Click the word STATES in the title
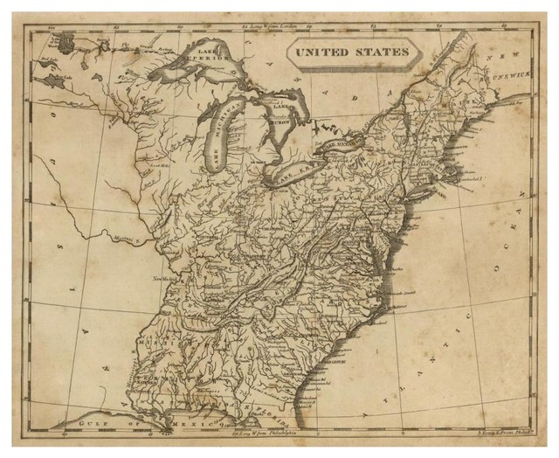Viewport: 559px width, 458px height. point(382,52)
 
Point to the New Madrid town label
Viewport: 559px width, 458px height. point(165,278)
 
